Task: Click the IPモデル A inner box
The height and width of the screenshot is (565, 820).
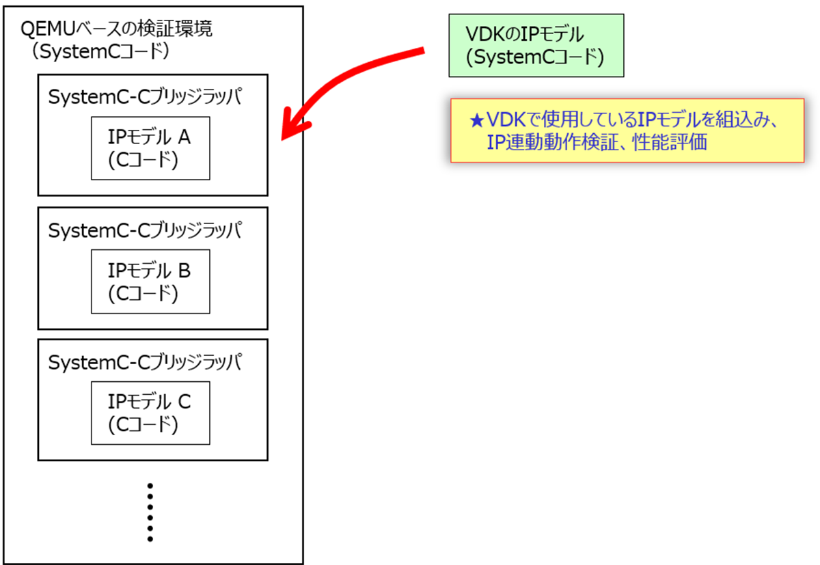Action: (x=150, y=148)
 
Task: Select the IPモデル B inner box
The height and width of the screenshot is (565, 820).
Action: (x=150, y=281)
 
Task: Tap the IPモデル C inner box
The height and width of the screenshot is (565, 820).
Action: (x=150, y=413)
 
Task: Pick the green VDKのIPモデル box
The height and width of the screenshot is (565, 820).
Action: (x=536, y=46)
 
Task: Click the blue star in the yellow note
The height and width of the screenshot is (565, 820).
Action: (x=477, y=121)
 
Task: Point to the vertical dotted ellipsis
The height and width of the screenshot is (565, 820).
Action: (x=150, y=512)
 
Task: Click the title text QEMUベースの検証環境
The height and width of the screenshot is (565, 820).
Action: (x=117, y=30)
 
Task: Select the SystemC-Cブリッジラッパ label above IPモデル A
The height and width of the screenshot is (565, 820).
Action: (x=145, y=97)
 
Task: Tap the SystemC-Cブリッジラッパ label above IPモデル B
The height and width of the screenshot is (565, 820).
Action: (x=145, y=230)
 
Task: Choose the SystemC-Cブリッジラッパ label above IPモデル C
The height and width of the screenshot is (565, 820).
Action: (x=145, y=362)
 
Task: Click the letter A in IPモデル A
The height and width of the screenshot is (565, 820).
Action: (x=184, y=138)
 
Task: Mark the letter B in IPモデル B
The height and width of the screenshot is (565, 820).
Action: (x=184, y=271)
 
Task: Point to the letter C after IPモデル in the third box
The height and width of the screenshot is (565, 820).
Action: (x=184, y=402)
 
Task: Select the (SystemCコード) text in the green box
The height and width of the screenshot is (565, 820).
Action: (x=535, y=57)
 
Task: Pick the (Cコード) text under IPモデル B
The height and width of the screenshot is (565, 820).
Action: (x=143, y=293)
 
